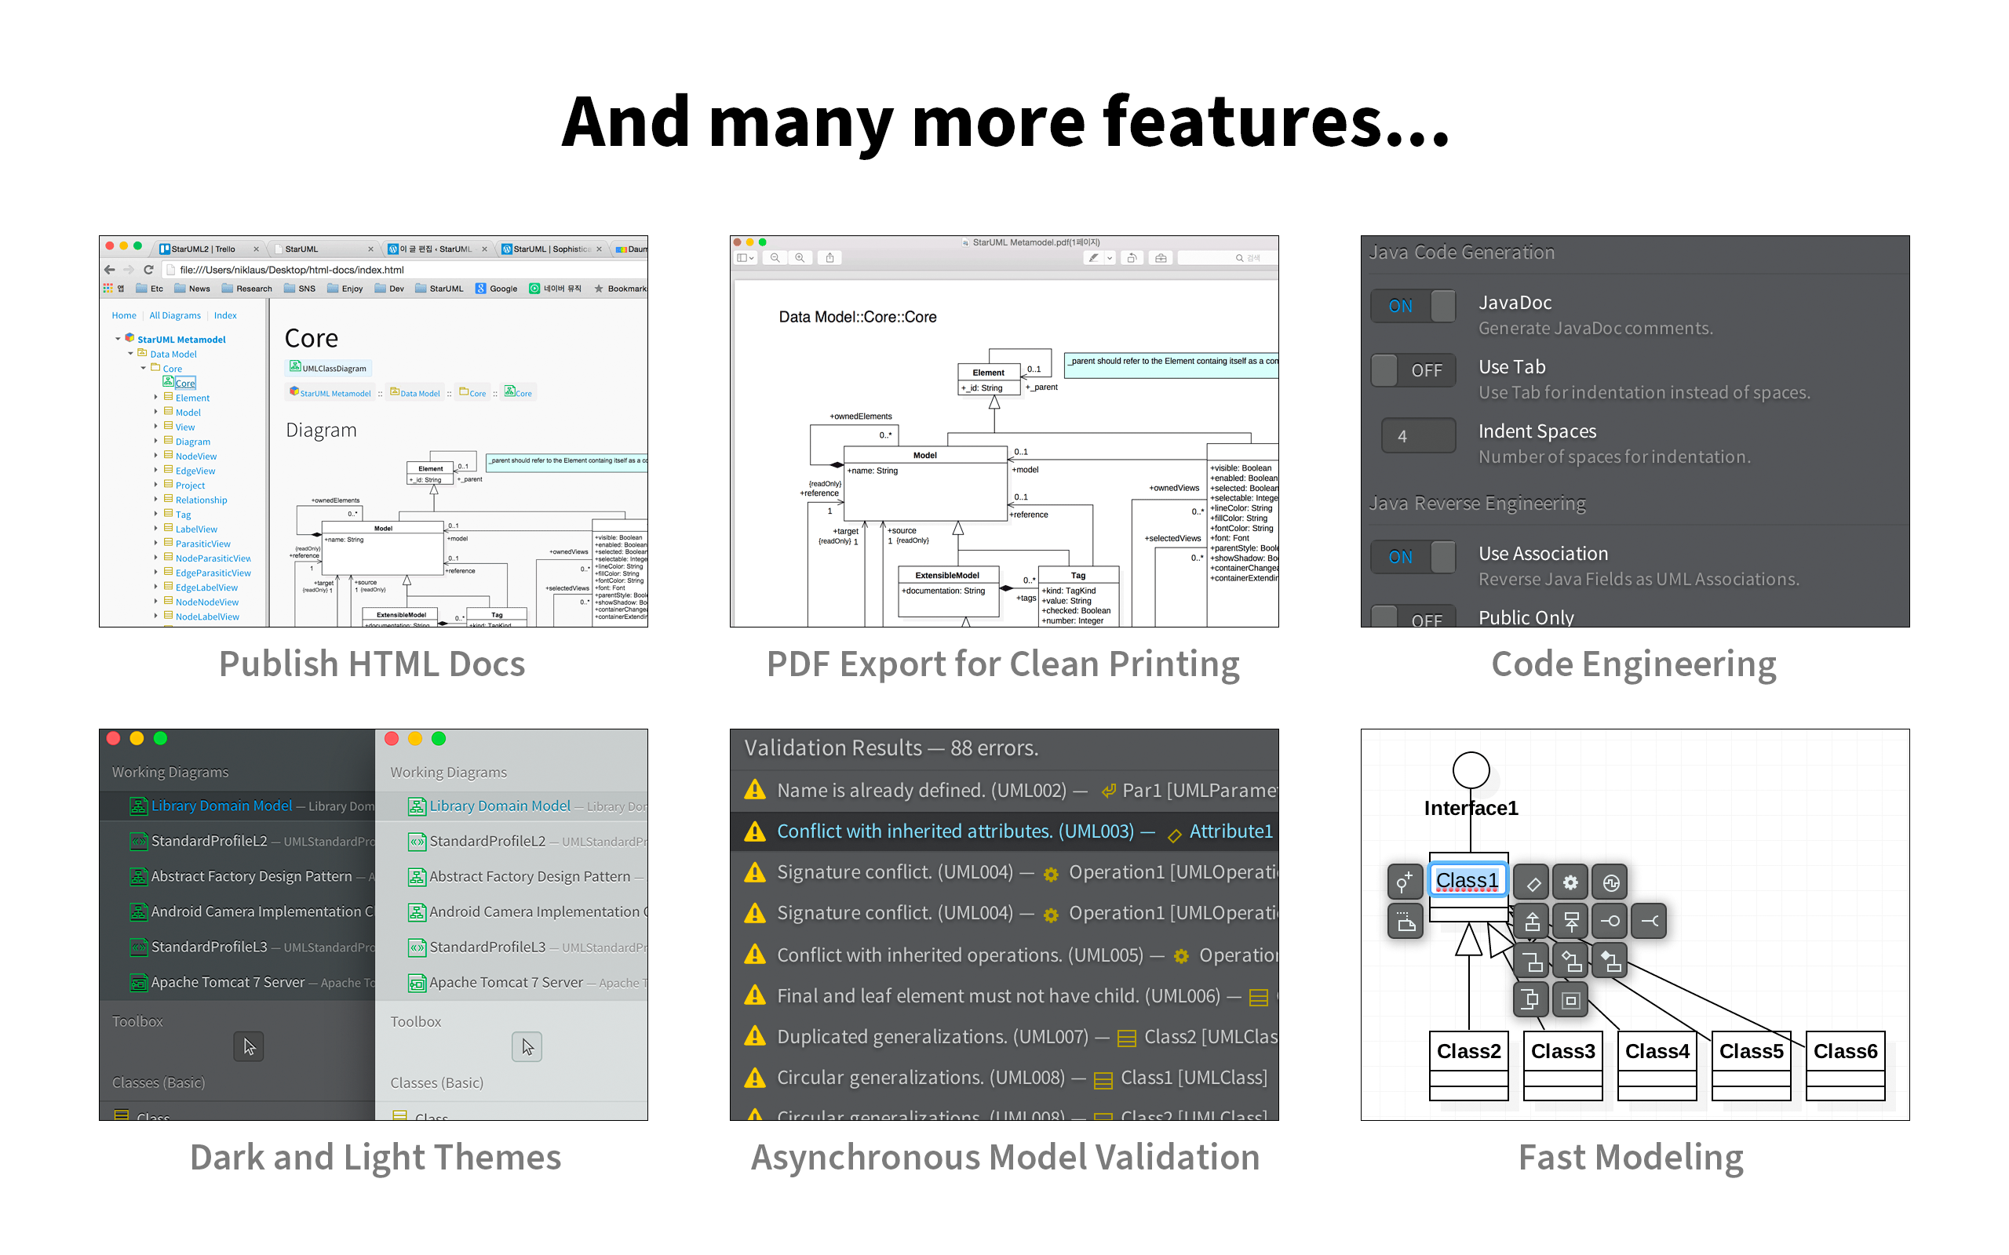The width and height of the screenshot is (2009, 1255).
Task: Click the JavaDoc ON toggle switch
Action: point(1412,305)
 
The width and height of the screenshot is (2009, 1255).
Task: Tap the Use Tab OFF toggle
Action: point(1412,370)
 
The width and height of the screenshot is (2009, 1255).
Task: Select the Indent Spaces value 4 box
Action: point(1417,436)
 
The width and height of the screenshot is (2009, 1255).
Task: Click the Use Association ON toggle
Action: point(1412,557)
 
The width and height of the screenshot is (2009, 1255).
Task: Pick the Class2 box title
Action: point(1468,1052)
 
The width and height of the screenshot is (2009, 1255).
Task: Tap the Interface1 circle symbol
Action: point(1470,769)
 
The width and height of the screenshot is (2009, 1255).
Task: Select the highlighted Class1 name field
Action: point(1467,880)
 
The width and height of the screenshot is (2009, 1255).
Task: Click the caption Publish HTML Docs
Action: point(372,664)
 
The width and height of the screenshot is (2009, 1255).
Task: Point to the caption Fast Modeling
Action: point(1631,1157)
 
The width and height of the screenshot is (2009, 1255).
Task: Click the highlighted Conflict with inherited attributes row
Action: point(1004,831)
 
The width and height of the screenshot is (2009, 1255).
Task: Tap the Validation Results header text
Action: point(891,748)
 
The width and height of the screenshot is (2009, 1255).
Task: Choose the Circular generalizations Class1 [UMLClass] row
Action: point(1004,1078)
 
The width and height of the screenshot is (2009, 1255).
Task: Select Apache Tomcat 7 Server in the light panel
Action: point(505,982)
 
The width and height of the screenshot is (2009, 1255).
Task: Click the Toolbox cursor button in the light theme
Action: point(527,1046)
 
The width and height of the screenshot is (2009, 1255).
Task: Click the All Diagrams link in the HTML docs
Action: point(174,315)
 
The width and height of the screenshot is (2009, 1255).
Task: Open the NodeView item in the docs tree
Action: point(196,457)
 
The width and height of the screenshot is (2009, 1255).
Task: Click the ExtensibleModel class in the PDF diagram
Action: point(947,575)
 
